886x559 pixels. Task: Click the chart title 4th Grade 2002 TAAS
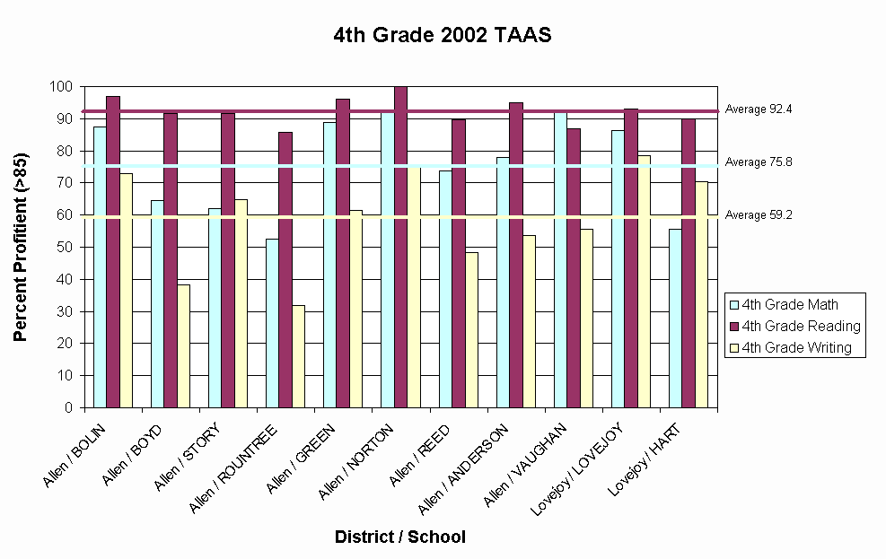coord(442,36)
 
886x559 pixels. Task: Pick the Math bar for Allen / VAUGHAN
coord(561,260)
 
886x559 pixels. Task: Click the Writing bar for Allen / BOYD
coord(183,346)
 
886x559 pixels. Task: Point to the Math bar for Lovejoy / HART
coord(675,319)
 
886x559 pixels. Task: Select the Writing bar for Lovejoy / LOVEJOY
coord(644,282)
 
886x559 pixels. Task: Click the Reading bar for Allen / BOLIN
coord(113,251)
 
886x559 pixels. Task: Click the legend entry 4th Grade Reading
coord(794,326)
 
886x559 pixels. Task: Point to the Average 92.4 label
coord(759,109)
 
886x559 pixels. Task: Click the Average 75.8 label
coord(759,162)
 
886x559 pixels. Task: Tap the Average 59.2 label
coord(759,215)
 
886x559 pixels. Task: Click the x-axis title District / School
coord(400,537)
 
